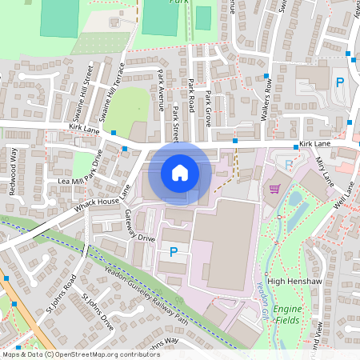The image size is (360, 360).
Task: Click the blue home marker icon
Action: [180, 173]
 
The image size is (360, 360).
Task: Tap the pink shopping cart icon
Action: [275, 189]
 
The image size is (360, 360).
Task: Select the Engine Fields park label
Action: [287, 314]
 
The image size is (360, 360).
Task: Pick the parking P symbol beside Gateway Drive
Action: [173, 252]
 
